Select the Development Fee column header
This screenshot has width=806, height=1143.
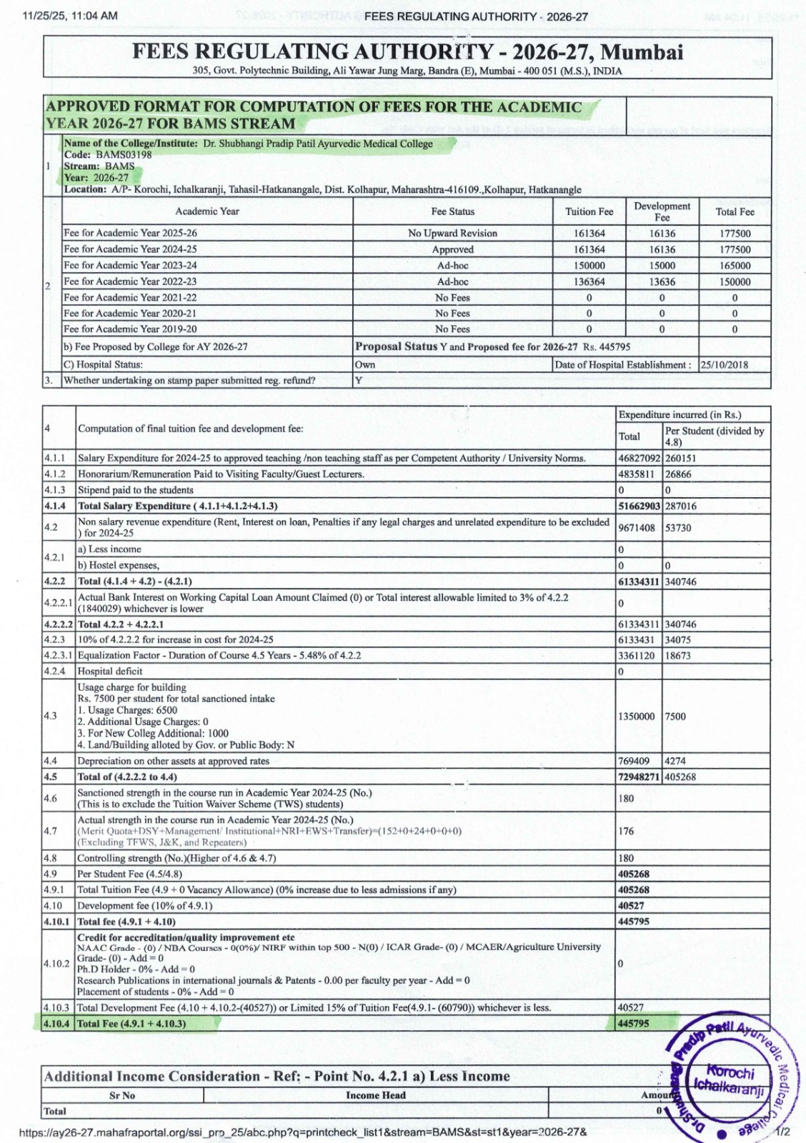point(662,211)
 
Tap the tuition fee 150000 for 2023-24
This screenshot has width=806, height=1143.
point(589,266)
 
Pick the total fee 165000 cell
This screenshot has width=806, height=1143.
point(735,266)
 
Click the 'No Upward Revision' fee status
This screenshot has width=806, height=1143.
point(452,234)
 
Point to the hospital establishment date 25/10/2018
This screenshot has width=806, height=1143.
point(725,365)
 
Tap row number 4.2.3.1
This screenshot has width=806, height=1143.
point(58,656)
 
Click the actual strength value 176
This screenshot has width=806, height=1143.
point(626,831)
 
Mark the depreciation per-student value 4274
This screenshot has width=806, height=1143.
point(675,762)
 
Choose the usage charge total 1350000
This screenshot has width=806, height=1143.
point(636,717)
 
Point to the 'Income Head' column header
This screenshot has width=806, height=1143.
point(375,1095)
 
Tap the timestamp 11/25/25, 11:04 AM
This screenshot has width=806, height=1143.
point(71,16)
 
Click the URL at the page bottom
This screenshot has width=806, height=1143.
point(304,1132)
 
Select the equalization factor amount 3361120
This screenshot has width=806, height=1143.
point(636,656)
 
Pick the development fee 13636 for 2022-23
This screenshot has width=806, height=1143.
point(662,282)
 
